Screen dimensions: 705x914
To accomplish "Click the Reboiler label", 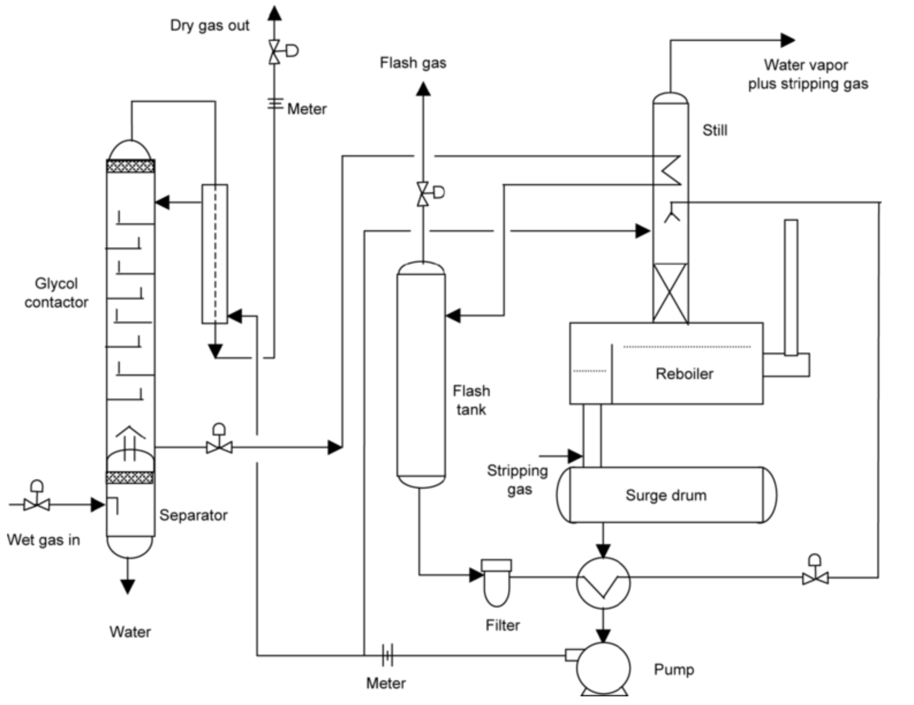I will click(684, 374).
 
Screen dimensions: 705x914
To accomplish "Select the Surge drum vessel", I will click(666, 495).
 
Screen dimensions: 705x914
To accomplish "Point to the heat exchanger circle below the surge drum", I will click(603, 583).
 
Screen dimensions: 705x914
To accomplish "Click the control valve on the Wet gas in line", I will click(37, 504).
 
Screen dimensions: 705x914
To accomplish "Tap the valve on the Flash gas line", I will click(424, 193).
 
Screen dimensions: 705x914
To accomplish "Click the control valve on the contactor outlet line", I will click(219, 446).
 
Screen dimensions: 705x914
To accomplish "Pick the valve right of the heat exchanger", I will click(815, 576).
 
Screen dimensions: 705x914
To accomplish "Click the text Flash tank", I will click(471, 400).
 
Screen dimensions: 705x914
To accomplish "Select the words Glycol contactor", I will click(56, 292).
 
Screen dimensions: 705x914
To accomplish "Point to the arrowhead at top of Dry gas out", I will click(275, 13).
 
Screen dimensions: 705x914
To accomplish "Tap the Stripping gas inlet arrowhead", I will click(575, 456).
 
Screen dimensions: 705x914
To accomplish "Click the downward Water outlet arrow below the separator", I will click(128, 586).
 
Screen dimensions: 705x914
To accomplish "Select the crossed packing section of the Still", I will click(670, 293).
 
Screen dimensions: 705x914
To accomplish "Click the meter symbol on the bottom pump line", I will click(387, 655).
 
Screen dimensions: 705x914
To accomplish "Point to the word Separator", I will click(193, 515).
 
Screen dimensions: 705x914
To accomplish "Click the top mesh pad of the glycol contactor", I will click(131, 166).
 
